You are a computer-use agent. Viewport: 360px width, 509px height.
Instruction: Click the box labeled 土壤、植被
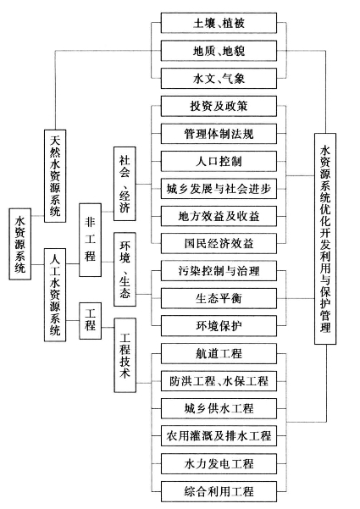(x=219, y=23)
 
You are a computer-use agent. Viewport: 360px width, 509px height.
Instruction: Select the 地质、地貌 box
(x=219, y=51)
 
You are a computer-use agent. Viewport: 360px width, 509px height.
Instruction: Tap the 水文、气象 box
(x=219, y=78)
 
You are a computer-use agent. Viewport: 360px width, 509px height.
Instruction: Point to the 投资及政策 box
(x=219, y=106)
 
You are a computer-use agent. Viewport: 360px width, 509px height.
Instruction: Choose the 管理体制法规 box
(x=219, y=134)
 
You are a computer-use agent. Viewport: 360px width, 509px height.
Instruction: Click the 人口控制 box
(x=219, y=161)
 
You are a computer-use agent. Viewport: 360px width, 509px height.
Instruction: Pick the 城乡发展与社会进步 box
(x=219, y=189)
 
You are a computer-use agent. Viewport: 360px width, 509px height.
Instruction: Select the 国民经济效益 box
(x=219, y=243)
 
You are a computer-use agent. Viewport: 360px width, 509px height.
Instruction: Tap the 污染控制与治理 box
(x=219, y=271)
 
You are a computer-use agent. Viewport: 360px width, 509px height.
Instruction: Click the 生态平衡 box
(x=219, y=298)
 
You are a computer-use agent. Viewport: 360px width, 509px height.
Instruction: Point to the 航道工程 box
(x=219, y=353)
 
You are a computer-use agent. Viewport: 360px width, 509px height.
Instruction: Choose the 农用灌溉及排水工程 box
(x=219, y=436)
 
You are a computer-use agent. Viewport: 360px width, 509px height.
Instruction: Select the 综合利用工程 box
(x=219, y=491)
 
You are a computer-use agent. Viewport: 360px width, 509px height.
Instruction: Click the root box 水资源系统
(x=19, y=244)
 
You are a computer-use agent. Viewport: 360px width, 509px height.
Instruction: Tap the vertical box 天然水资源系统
(x=55, y=176)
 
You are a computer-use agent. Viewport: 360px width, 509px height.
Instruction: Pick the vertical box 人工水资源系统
(x=55, y=295)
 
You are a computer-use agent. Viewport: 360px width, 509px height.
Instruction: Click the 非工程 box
(x=91, y=241)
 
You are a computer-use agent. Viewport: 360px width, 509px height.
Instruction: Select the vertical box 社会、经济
(x=125, y=184)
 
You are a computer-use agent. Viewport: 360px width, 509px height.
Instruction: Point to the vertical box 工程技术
(x=125, y=355)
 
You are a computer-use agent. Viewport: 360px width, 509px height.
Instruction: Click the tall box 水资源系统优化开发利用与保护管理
(x=325, y=239)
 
